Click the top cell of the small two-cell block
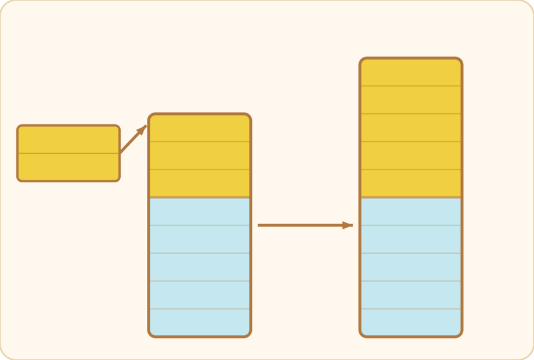[x=68, y=139]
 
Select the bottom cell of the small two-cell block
[x=68, y=167]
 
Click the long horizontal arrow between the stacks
[x=302, y=225]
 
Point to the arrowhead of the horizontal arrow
[x=347, y=225]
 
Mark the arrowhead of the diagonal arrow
[x=142, y=129]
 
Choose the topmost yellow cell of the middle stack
[x=200, y=128]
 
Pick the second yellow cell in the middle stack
[x=200, y=156]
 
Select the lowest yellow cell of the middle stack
[x=200, y=183]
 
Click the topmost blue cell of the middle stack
[x=200, y=211]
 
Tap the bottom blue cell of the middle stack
[x=200, y=322]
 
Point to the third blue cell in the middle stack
[x=200, y=267]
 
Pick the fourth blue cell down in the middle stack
[x=200, y=295]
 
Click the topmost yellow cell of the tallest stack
[x=411, y=72]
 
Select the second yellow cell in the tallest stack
[x=411, y=100]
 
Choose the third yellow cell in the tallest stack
[x=411, y=128]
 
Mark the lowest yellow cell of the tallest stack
[x=411, y=183]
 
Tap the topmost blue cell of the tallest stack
[x=411, y=211]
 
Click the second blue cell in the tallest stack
[x=411, y=239]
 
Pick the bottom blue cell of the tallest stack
[x=411, y=322]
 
